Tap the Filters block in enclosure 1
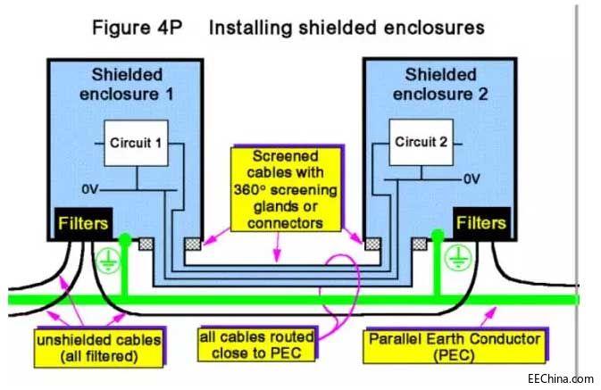[84, 223]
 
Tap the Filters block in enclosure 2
[482, 223]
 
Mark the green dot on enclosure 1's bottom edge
[125, 239]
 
